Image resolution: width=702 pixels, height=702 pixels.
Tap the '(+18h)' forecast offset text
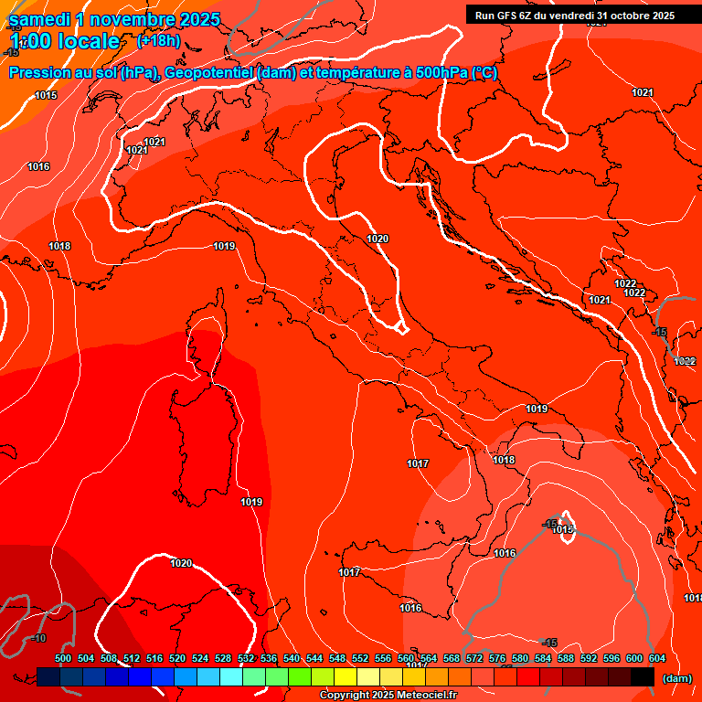[x=158, y=41]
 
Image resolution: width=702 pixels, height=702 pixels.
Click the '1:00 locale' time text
[x=64, y=41]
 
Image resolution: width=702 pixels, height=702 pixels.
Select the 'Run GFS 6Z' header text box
[x=574, y=16]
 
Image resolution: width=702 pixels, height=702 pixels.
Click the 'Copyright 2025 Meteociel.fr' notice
[x=388, y=696]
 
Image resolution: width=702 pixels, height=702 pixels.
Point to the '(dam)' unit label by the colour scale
[x=675, y=678]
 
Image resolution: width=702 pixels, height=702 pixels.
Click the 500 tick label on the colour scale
[x=63, y=658]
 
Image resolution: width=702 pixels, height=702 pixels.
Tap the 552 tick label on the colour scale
[x=360, y=658]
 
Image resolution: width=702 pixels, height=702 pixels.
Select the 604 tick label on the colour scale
[x=657, y=658]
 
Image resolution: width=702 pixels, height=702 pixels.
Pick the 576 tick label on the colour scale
[x=497, y=658]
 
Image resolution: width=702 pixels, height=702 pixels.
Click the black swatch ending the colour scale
[x=643, y=677]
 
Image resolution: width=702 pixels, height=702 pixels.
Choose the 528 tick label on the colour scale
[x=223, y=658]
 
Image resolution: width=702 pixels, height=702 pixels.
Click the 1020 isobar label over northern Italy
[x=378, y=239]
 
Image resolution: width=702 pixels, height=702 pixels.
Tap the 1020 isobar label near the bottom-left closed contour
[x=181, y=564]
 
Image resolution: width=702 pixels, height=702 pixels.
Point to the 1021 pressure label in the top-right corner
[x=643, y=92]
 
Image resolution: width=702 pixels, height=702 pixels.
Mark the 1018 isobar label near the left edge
[x=60, y=246]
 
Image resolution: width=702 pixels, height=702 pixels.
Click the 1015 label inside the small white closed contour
[x=563, y=529]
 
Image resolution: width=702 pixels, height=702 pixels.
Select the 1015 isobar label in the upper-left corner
[x=46, y=96]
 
